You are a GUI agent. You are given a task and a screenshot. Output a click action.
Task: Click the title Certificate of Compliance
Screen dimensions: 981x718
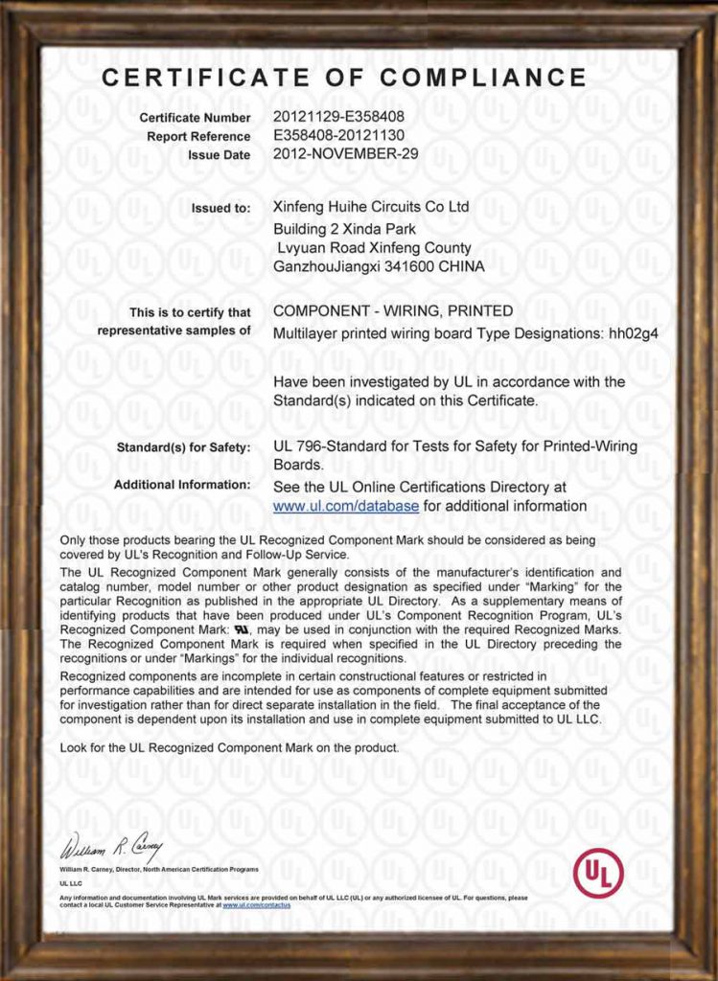tap(344, 78)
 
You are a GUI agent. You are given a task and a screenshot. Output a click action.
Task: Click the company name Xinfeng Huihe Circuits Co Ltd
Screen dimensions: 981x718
tap(371, 206)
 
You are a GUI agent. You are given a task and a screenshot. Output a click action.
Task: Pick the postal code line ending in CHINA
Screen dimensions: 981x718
tap(379, 266)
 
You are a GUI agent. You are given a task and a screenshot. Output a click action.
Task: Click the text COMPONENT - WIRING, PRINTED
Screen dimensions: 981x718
tap(393, 310)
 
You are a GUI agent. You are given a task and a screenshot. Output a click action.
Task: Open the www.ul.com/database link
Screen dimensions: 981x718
tap(346, 506)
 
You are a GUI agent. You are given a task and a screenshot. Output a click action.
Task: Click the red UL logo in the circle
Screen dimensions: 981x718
tap(598, 873)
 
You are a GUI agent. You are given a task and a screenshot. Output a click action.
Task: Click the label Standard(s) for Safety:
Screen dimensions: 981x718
tap(183, 447)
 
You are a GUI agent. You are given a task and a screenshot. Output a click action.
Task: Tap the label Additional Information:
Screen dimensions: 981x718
tap(182, 485)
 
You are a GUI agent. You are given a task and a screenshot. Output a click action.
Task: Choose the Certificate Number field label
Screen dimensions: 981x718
tap(195, 118)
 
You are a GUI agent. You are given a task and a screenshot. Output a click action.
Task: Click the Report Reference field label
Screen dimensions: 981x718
tap(198, 136)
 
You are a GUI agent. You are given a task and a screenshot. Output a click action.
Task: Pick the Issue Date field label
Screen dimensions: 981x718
tap(220, 154)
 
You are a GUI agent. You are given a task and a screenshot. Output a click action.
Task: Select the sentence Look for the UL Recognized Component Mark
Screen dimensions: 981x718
tap(229, 746)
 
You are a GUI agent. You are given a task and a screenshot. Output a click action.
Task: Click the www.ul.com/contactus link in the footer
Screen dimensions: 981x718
tap(256, 904)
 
